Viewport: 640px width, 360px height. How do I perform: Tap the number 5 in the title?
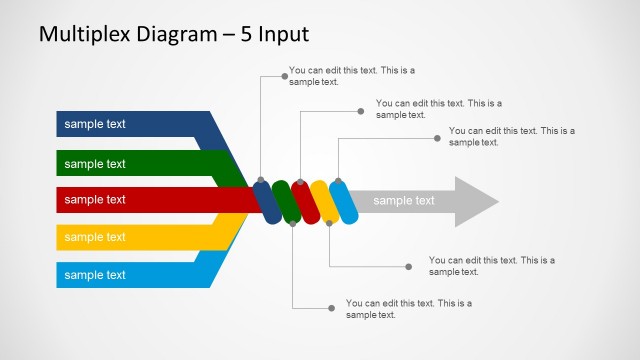pyautogui.click(x=243, y=34)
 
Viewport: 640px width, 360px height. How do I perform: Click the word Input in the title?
pyautogui.click(x=283, y=34)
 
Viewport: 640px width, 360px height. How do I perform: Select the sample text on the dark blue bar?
pyautogui.click(x=95, y=124)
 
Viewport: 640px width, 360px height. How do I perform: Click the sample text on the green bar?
pyautogui.click(x=95, y=163)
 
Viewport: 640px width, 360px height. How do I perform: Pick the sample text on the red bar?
pyautogui.click(x=95, y=200)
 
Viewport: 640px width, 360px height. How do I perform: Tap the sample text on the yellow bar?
pyautogui.click(x=95, y=237)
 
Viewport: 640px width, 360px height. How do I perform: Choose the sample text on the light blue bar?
pyautogui.click(x=95, y=275)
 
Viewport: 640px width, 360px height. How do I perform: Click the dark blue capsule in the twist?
pyautogui.click(x=267, y=201)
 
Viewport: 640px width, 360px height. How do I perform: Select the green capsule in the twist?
pyautogui.click(x=286, y=201)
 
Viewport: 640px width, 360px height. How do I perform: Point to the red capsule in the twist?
pyautogui.click(x=305, y=201)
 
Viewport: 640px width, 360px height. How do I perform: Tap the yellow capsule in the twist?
pyautogui.click(x=324, y=201)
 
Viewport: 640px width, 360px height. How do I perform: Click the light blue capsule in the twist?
pyautogui.click(x=343, y=201)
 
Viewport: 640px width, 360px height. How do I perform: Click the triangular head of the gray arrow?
pyautogui.click(x=474, y=201)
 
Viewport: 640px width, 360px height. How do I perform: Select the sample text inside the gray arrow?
pyautogui.click(x=404, y=201)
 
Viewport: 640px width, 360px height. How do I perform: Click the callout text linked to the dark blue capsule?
pyautogui.click(x=351, y=76)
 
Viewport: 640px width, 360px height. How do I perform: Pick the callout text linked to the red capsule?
pyautogui.click(x=438, y=108)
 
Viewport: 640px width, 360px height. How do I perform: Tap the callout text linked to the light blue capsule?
pyautogui.click(x=511, y=136)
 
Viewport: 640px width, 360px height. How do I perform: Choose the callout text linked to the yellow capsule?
pyautogui.click(x=491, y=266)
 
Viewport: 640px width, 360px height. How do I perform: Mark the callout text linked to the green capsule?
pyautogui.click(x=408, y=308)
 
